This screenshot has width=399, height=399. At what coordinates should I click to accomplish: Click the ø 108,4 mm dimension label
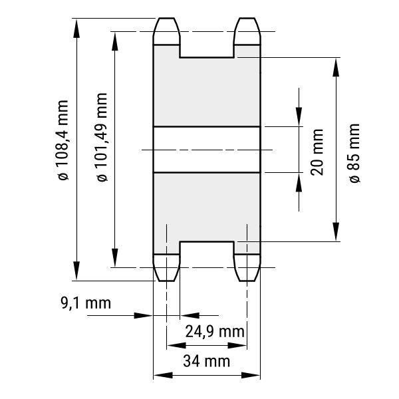[63, 140]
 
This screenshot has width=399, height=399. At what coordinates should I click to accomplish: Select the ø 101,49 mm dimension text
[102, 138]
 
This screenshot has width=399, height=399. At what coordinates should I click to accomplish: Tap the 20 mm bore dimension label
[317, 152]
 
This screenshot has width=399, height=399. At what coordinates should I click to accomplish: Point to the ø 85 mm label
[354, 153]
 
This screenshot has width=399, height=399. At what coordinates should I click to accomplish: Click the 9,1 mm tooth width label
[86, 303]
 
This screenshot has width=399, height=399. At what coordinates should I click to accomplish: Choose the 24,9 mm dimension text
[215, 332]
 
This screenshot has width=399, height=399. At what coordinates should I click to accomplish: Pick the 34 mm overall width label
[206, 361]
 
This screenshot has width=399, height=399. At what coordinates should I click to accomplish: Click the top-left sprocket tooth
[166, 31]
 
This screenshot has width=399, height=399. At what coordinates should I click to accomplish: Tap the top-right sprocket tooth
[247, 31]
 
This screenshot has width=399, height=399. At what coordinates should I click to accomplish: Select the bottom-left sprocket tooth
[166, 268]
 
